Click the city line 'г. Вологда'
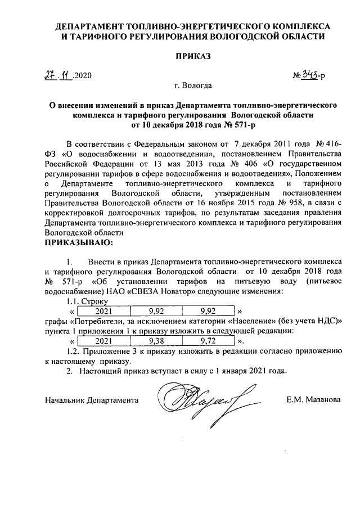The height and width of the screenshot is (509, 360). [x=193, y=86]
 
